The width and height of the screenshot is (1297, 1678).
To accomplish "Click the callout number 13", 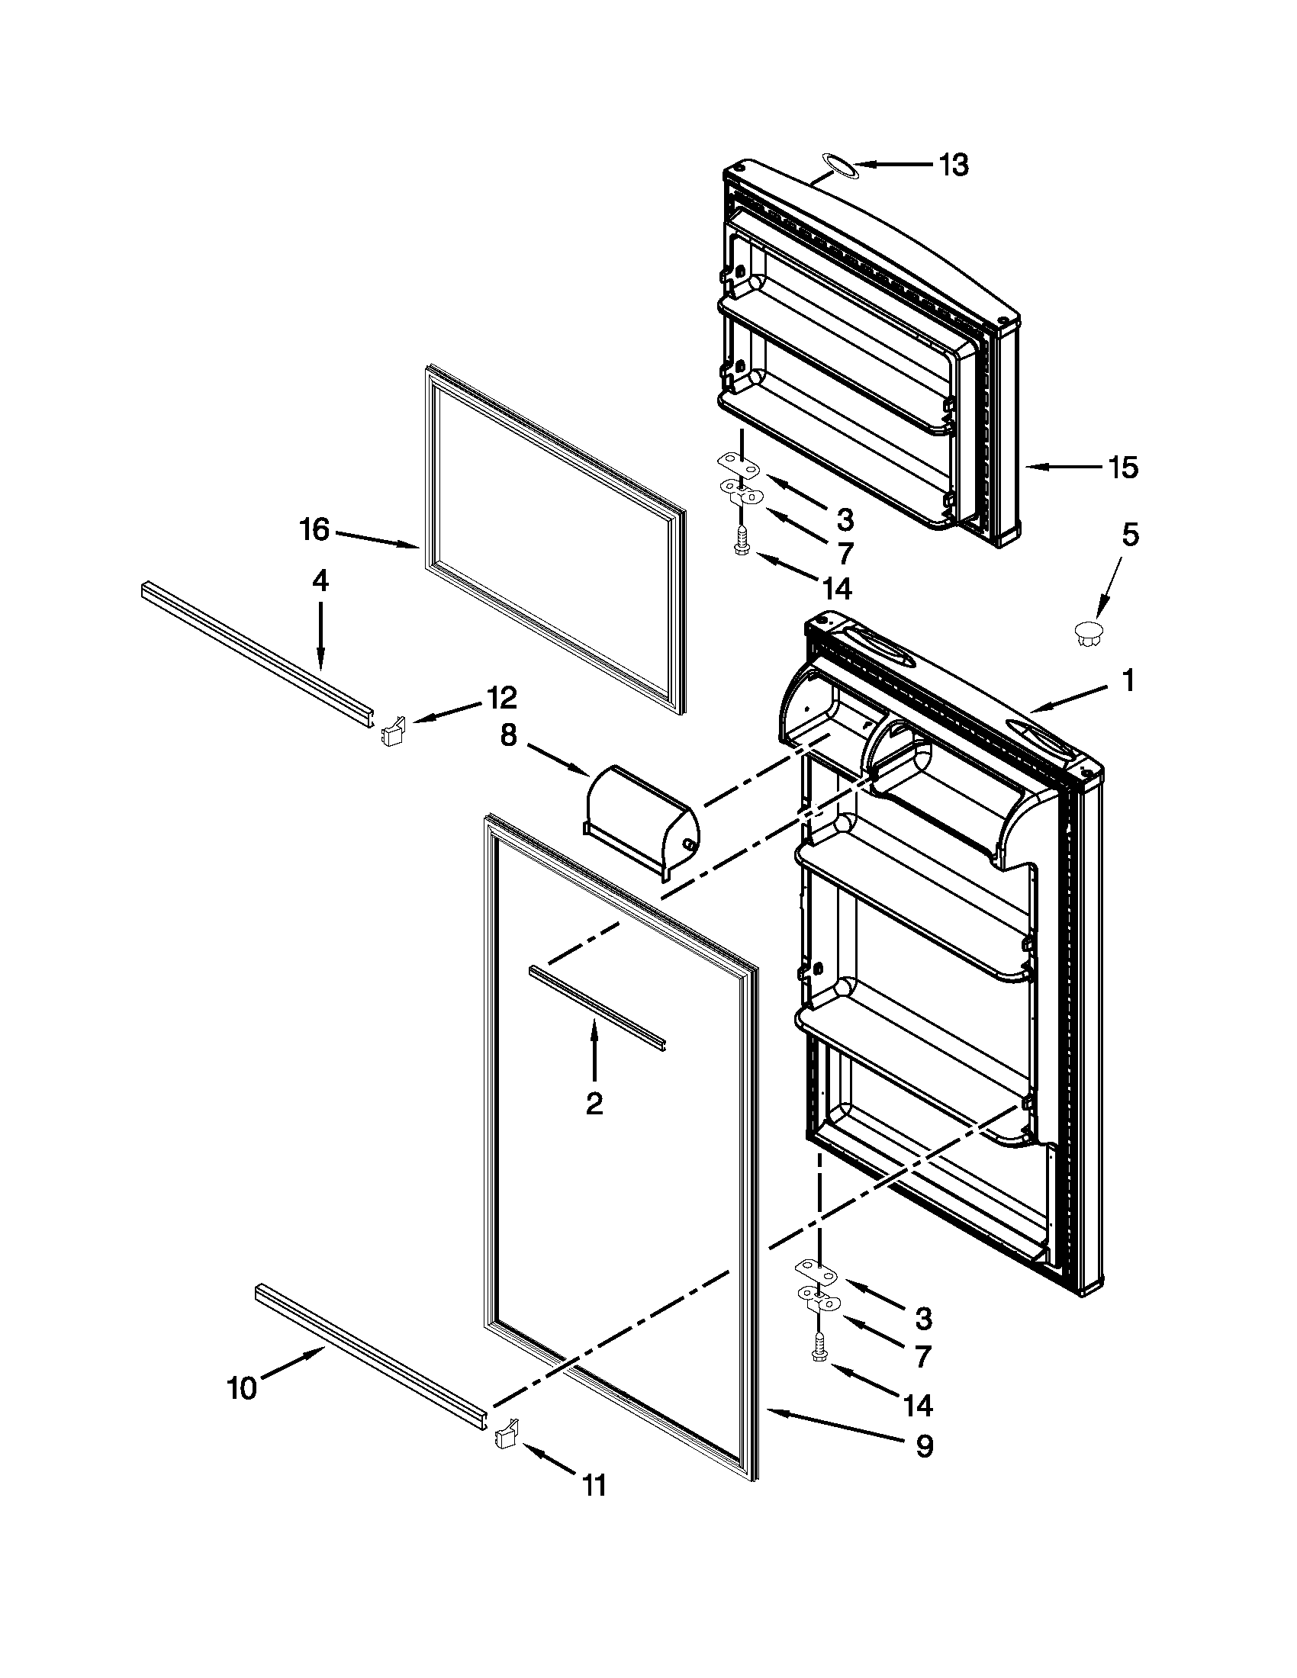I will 954,166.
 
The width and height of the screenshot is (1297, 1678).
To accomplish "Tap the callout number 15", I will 1122,467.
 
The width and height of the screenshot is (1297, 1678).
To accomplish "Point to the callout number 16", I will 315,529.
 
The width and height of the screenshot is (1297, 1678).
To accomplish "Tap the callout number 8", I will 509,735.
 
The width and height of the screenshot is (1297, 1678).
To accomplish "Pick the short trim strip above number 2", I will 597,1008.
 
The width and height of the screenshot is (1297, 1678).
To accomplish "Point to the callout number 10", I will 243,1388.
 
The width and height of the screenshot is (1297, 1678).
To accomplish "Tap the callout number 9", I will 924,1447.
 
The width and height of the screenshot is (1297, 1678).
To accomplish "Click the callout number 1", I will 1127,680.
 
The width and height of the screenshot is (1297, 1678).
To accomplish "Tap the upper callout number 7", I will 845,553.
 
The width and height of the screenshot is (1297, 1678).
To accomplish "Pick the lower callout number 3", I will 923,1319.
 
